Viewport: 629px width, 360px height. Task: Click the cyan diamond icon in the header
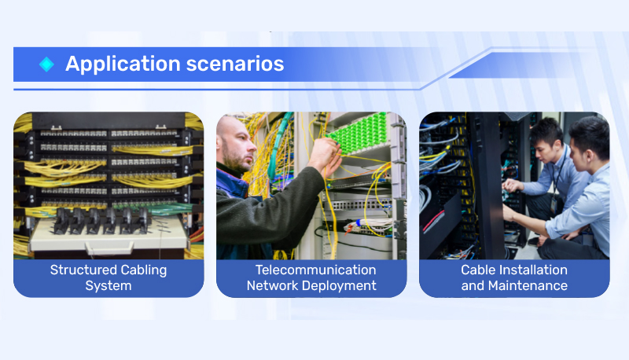coord(46,64)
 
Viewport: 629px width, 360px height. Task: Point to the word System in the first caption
coord(109,286)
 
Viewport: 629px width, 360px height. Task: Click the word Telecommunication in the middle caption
coord(316,270)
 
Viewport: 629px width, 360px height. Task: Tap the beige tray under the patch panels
coord(109,236)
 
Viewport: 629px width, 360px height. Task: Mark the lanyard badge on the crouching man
coord(554,205)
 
